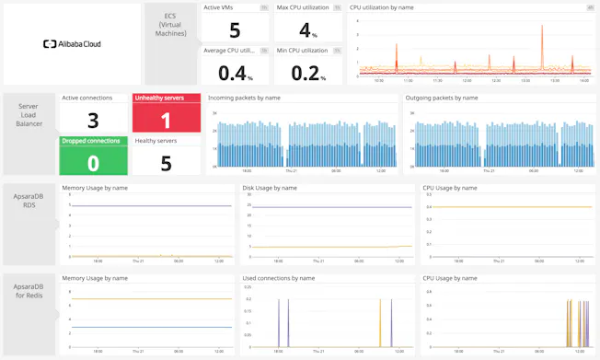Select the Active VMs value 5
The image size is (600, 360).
pos(235,30)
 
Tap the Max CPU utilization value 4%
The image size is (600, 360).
pos(306,30)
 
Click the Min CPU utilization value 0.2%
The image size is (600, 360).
pos(306,72)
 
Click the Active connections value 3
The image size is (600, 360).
pos(93,121)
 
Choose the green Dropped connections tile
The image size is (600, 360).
pos(93,156)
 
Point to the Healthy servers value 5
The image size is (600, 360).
pos(166,163)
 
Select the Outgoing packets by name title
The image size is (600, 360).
pos(442,97)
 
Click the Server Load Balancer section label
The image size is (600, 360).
pos(29,115)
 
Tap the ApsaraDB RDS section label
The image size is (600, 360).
pos(29,200)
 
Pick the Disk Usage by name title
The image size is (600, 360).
pos(270,188)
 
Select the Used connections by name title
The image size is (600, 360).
pos(279,277)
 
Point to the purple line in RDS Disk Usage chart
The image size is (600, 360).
pos(322,207)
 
